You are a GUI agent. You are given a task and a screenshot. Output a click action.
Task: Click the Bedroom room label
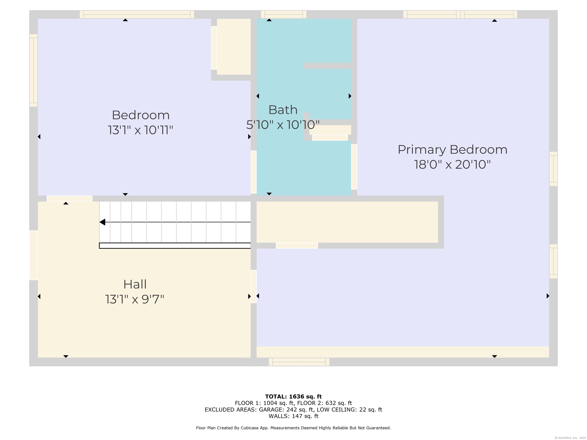coord(141,115)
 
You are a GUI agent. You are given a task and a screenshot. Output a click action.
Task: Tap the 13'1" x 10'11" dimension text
coord(140,130)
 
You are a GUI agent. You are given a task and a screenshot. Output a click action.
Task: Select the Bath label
coord(283,110)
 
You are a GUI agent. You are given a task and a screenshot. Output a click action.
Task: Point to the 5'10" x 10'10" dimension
coord(283,125)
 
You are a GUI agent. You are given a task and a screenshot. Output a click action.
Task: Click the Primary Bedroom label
coord(452,150)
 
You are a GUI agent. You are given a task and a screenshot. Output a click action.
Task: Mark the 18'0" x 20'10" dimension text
coord(452,164)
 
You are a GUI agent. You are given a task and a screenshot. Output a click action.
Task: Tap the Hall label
coord(135,284)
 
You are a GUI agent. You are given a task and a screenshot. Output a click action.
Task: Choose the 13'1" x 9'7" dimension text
coord(135,299)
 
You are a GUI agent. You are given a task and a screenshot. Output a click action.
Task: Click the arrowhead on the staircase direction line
coord(102,222)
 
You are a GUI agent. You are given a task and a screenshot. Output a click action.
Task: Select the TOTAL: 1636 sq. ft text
coord(293,396)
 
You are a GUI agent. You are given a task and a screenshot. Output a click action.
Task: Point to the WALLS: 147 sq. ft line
coord(293,416)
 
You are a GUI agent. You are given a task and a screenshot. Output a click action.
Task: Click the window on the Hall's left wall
coord(33,255)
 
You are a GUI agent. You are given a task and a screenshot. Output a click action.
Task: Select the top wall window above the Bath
coord(283,14)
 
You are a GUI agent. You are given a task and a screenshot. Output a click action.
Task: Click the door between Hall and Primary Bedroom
coord(253,286)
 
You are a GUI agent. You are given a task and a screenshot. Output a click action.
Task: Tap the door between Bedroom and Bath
coord(253,172)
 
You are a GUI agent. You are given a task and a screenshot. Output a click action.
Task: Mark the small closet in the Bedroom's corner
coord(234,47)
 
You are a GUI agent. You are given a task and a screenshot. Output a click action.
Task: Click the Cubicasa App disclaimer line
coord(293,428)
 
